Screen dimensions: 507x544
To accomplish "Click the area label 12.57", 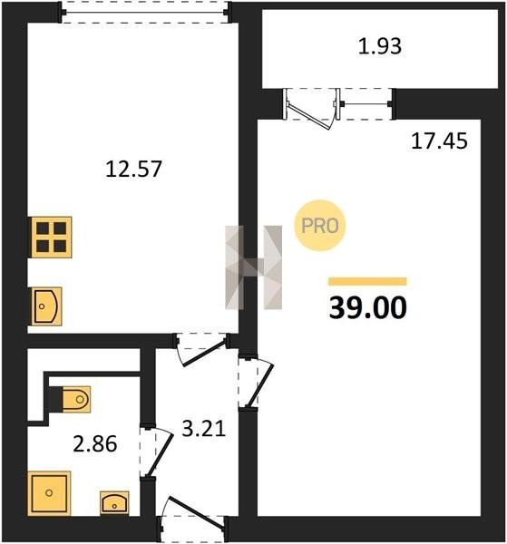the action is pyautogui.click(x=133, y=169).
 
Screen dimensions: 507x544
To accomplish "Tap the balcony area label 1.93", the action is pyautogui.click(x=380, y=46).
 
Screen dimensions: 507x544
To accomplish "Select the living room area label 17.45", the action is pyautogui.click(x=439, y=141).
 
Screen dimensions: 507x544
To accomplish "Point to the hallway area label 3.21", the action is pyautogui.click(x=204, y=429).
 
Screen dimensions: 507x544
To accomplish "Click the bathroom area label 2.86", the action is pyautogui.click(x=95, y=444).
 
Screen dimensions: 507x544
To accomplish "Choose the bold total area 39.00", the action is pyautogui.click(x=367, y=307).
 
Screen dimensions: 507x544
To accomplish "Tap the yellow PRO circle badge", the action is pyautogui.click(x=320, y=226).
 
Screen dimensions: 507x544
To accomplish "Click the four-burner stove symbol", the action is pyautogui.click(x=52, y=238).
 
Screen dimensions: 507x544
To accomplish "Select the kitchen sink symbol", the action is pyautogui.click(x=46, y=306).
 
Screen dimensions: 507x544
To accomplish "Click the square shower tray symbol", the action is pyautogui.click(x=49, y=493).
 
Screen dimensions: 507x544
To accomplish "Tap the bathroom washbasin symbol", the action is pyautogui.click(x=114, y=502).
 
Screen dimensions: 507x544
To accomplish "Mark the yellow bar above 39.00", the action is pyautogui.click(x=367, y=281).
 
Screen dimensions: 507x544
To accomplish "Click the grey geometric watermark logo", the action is pyautogui.click(x=254, y=267).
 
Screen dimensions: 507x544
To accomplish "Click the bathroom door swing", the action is pyautogui.click(x=156, y=452).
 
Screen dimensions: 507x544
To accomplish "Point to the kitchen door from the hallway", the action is pyautogui.click(x=202, y=349).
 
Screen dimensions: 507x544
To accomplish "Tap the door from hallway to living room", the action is pyautogui.click(x=256, y=382).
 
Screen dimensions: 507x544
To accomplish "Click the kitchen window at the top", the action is pyautogui.click(x=145, y=13).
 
